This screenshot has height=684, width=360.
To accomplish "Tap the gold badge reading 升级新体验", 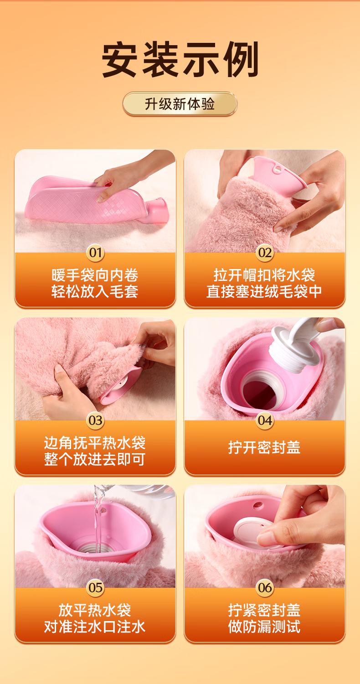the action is click(180, 104).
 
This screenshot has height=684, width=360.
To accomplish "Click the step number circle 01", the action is click(95, 253).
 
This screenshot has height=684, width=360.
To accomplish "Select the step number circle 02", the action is click(264, 253).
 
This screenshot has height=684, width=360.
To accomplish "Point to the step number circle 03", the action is click(95, 420).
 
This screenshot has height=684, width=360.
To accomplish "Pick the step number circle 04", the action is click(264, 420).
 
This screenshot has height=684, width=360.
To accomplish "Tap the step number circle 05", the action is click(95, 587).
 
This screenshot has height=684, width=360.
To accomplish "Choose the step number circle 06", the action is click(264, 587).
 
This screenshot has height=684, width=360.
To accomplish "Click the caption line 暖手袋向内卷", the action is click(95, 275).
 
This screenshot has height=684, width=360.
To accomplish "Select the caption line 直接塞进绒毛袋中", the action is click(264, 291).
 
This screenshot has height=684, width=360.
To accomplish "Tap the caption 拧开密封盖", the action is click(264, 447).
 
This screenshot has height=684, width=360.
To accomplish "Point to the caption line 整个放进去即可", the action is click(95, 459).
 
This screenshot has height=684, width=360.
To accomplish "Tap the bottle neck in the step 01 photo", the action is click(157, 210).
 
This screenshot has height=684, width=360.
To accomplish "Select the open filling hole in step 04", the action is click(260, 392).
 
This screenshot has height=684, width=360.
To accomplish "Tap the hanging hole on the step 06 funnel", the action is click(258, 505).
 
